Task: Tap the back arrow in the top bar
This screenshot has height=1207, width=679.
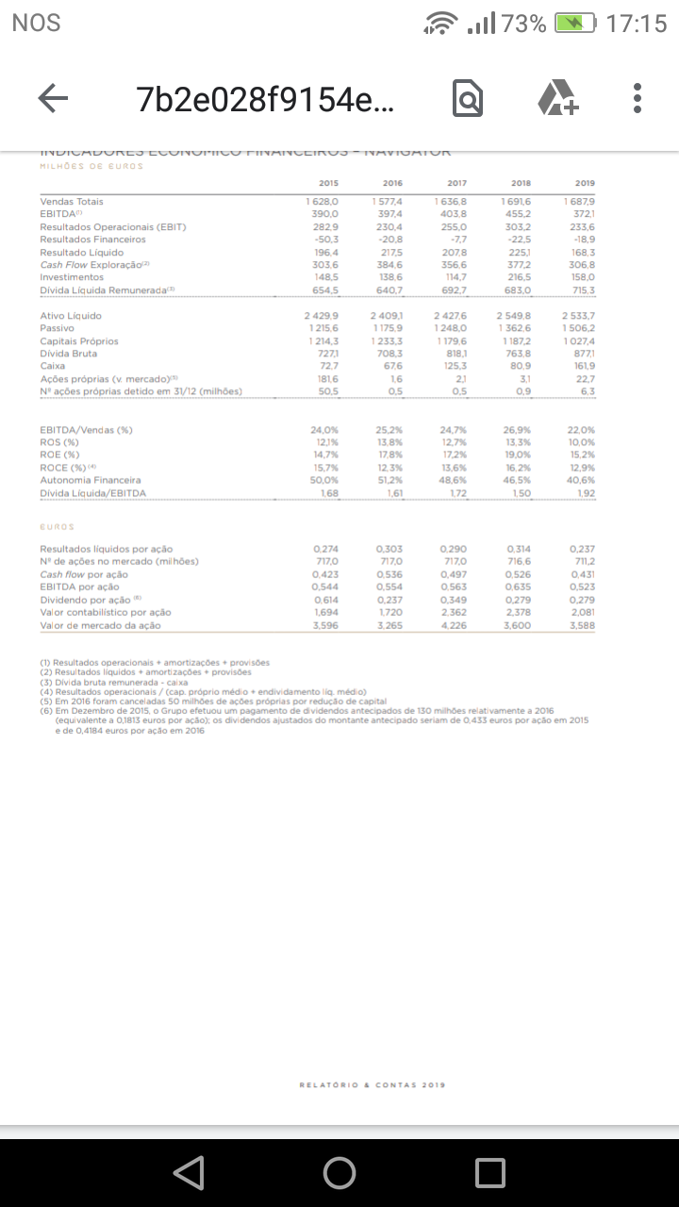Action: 53,98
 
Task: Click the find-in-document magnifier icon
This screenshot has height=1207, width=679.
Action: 468,99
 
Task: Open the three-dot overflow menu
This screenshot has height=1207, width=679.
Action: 638,98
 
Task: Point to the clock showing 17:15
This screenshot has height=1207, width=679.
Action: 637,24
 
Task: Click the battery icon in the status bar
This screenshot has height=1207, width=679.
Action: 575,24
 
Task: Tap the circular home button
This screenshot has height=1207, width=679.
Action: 339,1172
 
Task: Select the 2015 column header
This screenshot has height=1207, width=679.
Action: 328,184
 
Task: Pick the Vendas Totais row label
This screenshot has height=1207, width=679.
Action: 72,202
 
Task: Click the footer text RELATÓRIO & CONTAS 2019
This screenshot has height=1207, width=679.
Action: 372,1085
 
